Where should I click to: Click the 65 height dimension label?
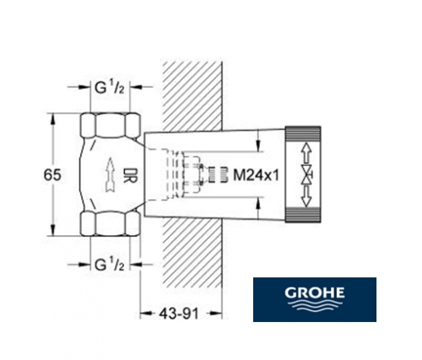point(52,175)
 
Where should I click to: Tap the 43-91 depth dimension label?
point(179,314)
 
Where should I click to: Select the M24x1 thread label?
point(257,175)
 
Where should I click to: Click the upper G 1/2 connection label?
point(110,88)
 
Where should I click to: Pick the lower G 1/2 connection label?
point(110,265)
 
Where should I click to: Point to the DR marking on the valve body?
point(130,175)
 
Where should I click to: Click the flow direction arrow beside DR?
point(110,175)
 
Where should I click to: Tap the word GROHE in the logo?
point(315,293)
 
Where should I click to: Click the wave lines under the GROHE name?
point(315,305)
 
